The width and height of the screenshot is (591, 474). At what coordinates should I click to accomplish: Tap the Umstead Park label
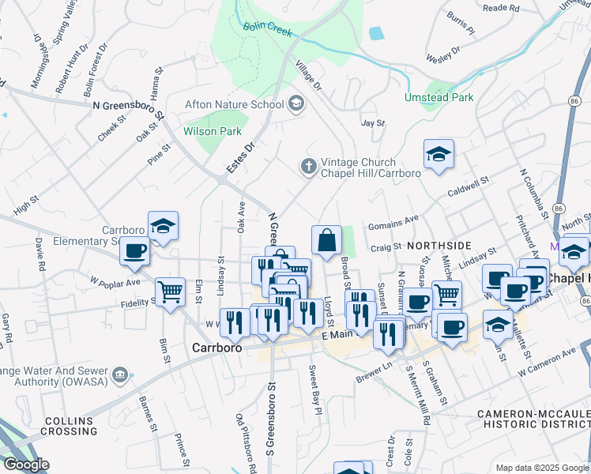pyautogui.click(x=439, y=98)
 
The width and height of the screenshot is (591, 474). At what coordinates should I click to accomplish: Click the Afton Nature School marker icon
pyautogui.click(x=296, y=103)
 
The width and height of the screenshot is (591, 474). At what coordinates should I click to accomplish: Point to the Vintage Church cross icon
pyautogui.click(x=308, y=167)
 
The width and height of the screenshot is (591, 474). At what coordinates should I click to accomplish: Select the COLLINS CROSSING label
pyautogui.click(x=70, y=426)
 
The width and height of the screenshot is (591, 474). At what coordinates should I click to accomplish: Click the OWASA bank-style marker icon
pyautogui.click(x=120, y=373)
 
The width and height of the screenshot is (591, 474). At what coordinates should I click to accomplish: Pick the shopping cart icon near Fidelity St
pyautogui.click(x=170, y=292)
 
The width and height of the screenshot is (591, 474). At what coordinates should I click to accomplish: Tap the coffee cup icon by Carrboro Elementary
pyautogui.click(x=135, y=251)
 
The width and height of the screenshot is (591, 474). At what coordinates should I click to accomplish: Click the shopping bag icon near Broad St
pyautogui.click(x=326, y=239)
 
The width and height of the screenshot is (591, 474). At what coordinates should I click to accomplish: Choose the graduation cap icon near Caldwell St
pyautogui.click(x=439, y=154)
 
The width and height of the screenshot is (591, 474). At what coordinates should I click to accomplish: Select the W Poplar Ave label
pyautogui.click(x=115, y=281)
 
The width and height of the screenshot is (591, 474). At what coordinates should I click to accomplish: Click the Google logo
pyautogui.click(x=26, y=465)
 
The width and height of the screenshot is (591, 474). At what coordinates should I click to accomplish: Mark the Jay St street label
pyautogui.click(x=372, y=123)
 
